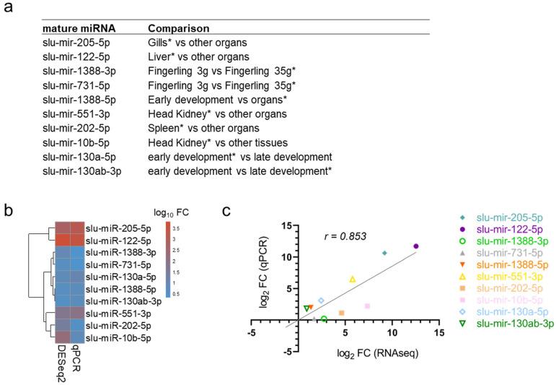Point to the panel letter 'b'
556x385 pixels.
tap(9, 212)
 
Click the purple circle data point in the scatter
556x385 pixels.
tap(416, 246)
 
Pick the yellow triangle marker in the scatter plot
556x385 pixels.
tap(353, 279)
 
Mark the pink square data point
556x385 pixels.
tap(367, 306)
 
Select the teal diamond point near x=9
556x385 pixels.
tap(384, 253)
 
